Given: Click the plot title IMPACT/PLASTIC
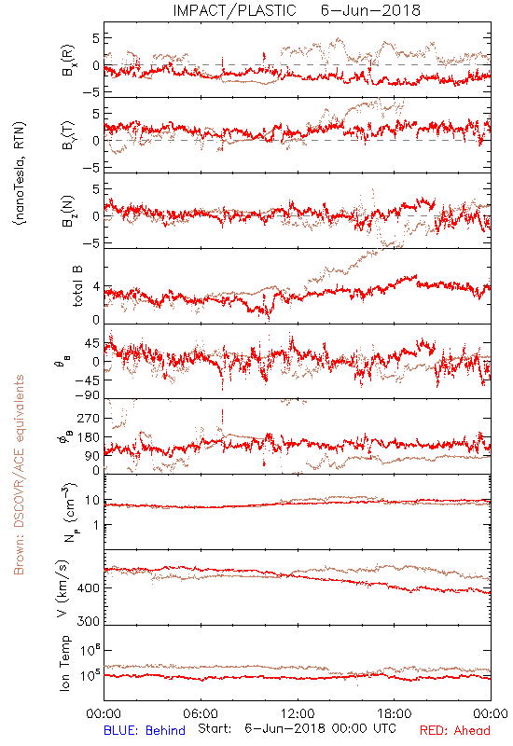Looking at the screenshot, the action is [234, 10].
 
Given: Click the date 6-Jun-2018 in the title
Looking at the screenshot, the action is [370, 10].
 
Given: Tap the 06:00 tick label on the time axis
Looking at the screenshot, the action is [201, 713].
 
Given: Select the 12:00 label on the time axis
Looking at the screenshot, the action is [298, 713].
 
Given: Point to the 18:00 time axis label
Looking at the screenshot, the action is [395, 713].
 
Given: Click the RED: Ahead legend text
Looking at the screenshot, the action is [455, 730].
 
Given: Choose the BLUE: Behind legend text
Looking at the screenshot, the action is [145, 730].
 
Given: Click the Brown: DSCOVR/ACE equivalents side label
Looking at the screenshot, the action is [19, 475].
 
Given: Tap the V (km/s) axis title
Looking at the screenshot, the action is [62, 588].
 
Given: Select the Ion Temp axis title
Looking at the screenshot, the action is [64, 663].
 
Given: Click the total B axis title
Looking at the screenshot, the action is [77, 286].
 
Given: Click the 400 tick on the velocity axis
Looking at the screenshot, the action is [89, 588].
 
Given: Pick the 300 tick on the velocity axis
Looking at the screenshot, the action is [89, 621].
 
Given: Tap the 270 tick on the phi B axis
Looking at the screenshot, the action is [89, 418].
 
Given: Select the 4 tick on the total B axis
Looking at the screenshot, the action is [97, 287].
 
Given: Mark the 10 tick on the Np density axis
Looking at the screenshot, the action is [92, 501].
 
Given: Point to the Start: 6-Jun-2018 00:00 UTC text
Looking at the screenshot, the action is [297, 728].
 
